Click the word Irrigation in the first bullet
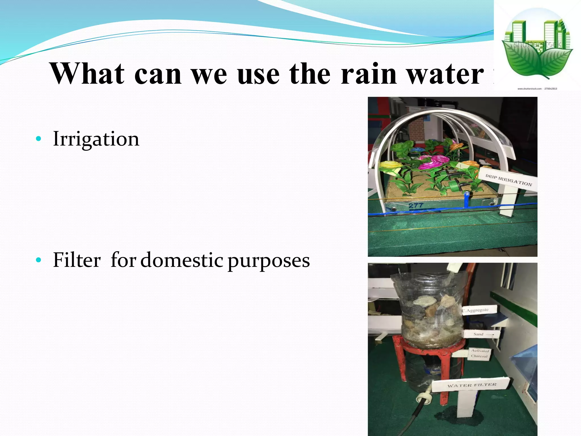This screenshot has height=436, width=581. pyautogui.click(x=96, y=139)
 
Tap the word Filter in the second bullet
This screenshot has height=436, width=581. pyautogui.click(x=77, y=260)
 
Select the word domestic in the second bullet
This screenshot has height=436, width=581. pyautogui.click(x=182, y=260)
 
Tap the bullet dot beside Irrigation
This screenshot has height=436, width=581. pyautogui.click(x=39, y=139)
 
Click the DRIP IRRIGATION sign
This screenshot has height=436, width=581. pyautogui.click(x=508, y=180)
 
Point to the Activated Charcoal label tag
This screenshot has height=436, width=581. pyautogui.click(x=479, y=353)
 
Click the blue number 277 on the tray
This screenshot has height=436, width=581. pyautogui.click(x=416, y=206)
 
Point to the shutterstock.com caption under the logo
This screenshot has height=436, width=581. pyautogui.click(x=537, y=89)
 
